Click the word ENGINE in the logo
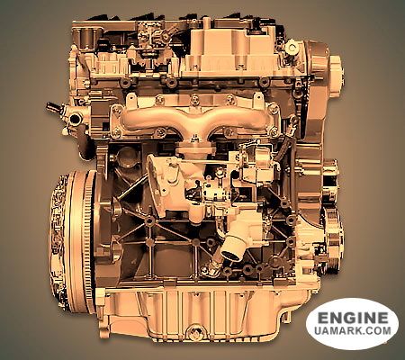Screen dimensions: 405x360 click(352, 318)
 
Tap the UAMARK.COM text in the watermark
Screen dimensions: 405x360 click(353, 330)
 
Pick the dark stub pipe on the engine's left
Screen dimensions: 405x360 click(53, 106)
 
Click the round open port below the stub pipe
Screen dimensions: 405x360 click(75, 119)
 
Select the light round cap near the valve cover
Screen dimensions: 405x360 click(292, 48)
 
